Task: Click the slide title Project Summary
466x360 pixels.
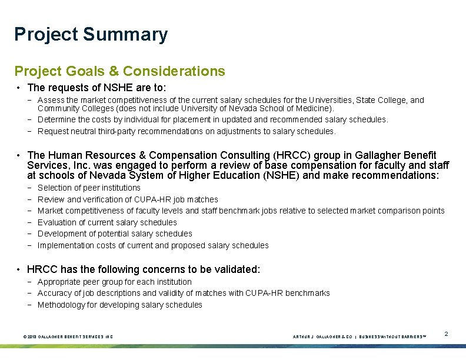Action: coord(91,34)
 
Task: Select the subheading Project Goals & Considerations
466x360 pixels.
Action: coord(119,71)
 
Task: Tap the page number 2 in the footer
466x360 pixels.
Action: coord(446,334)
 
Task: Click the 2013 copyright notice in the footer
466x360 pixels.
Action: coord(68,336)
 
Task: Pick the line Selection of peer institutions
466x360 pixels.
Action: coord(89,188)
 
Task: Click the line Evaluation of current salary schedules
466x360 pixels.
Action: coord(107,222)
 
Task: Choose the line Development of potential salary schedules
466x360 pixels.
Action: coord(106,234)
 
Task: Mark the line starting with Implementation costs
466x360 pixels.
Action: coord(153,245)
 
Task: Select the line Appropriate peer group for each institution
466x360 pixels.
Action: coord(114,282)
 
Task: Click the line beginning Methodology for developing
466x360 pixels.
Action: coord(119,305)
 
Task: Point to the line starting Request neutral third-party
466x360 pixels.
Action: coord(186,131)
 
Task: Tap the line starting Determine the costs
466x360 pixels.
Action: coord(212,119)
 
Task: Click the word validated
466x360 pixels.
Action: coord(235,269)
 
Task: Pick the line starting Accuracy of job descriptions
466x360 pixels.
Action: coord(184,293)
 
